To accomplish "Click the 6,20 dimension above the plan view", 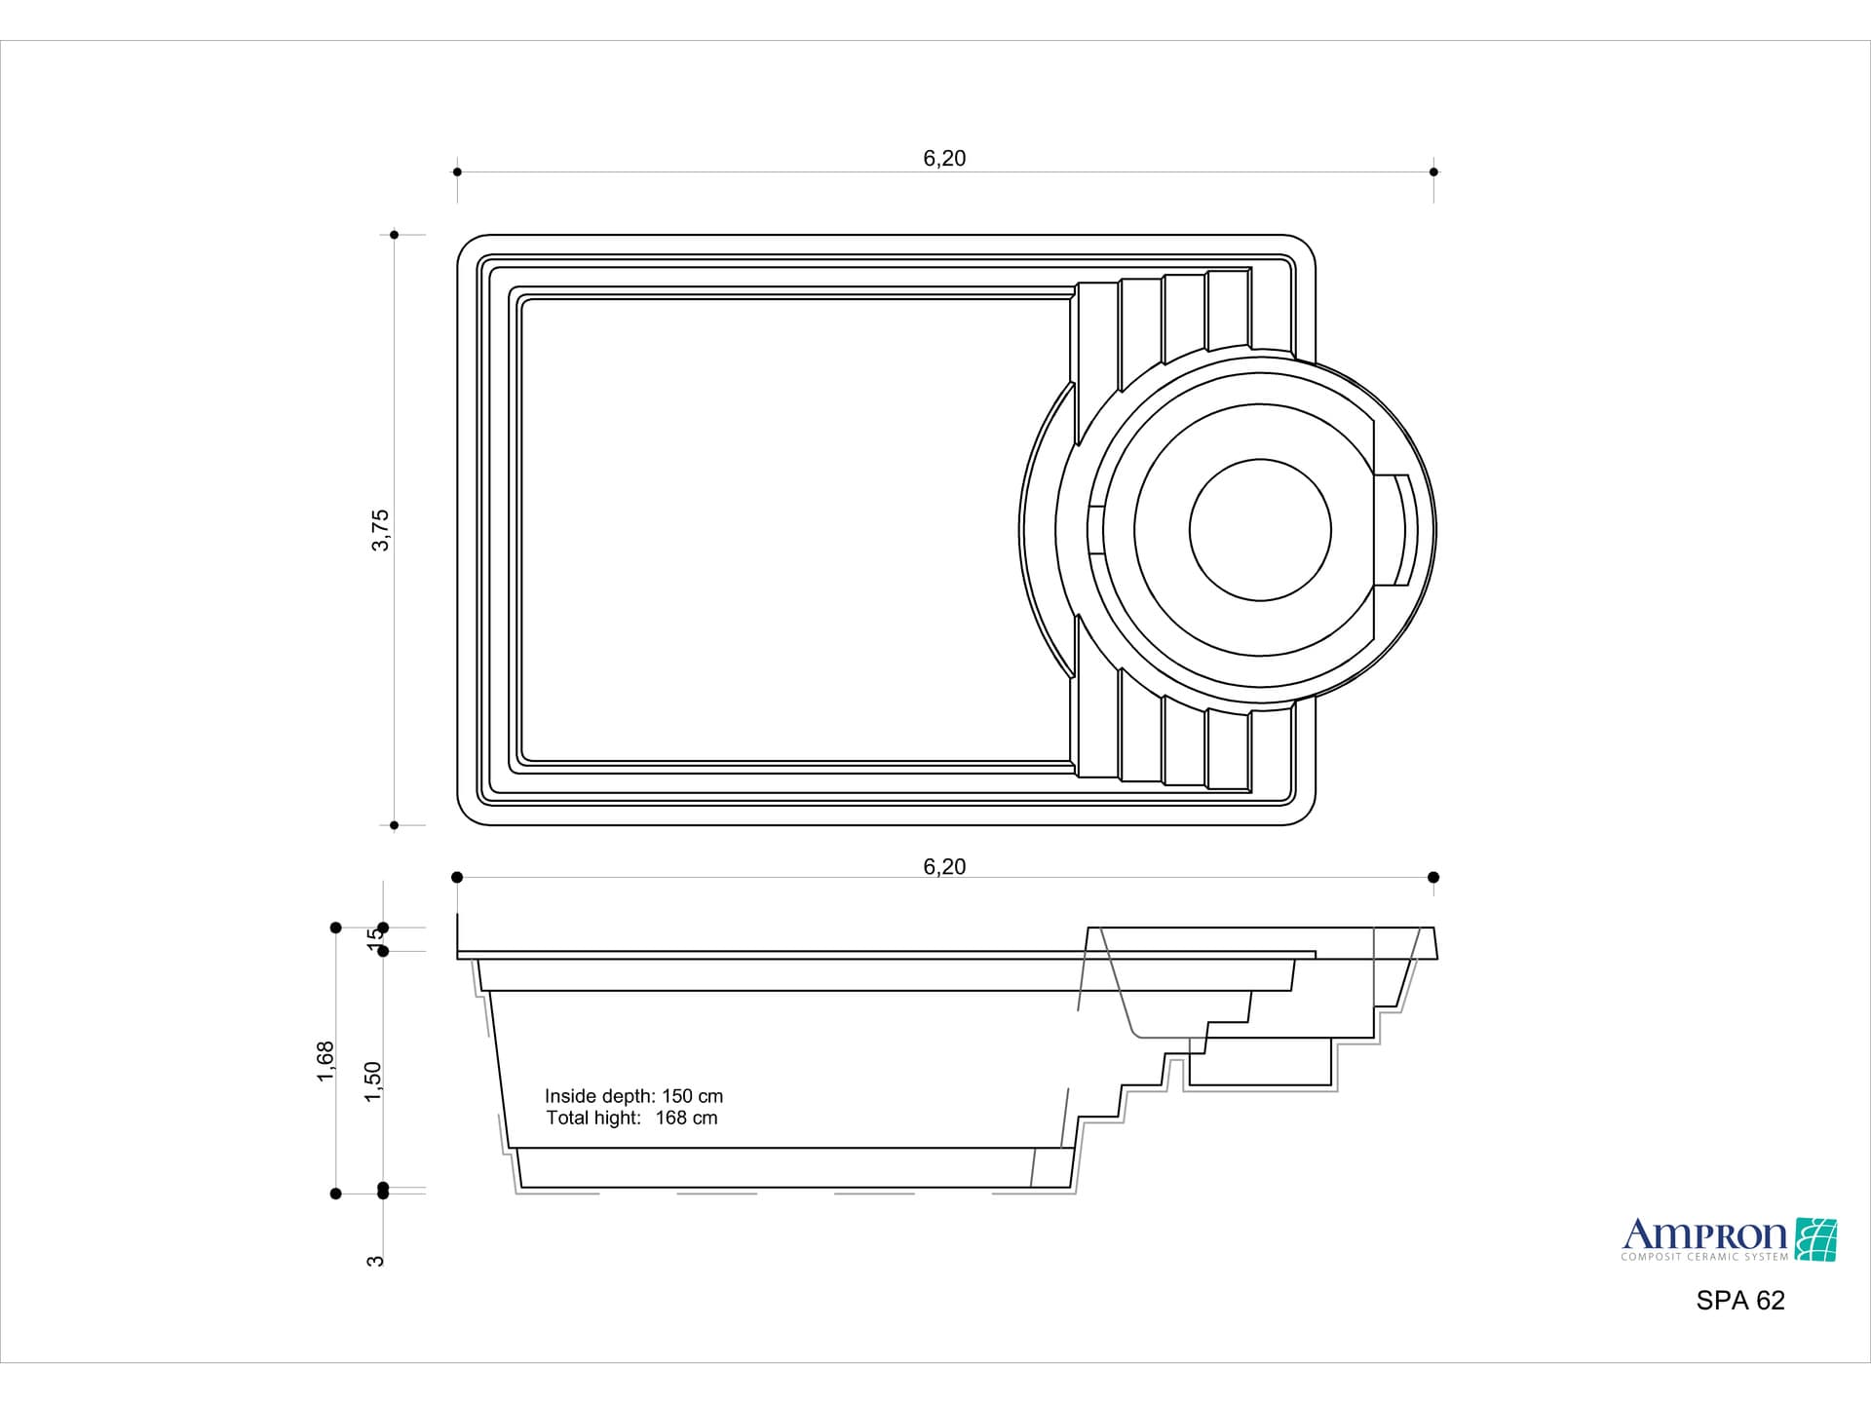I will click(x=944, y=159).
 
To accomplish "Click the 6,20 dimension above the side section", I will click(x=944, y=867).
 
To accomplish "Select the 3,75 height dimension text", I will click(x=380, y=530).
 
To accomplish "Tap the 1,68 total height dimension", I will click(x=325, y=1061).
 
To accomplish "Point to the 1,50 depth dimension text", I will click(x=373, y=1081).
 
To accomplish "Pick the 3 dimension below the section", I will click(x=375, y=1261).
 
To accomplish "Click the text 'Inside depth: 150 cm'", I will click(x=633, y=1096).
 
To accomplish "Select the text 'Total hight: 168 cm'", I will click(x=631, y=1118).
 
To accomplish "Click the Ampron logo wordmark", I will click(x=1704, y=1235).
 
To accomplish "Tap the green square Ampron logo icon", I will click(x=1815, y=1239).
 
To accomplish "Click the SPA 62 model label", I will click(x=1740, y=1301).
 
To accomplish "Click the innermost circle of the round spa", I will click(x=1260, y=530).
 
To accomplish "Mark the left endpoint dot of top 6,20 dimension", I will click(x=457, y=172).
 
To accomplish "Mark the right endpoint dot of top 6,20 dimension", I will click(x=1433, y=172).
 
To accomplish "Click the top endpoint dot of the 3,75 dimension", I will click(x=395, y=235).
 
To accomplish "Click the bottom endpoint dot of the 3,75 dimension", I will click(x=395, y=825).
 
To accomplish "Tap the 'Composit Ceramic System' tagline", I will click(x=1704, y=1257).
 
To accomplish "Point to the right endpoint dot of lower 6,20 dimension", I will click(x=1433, y=878).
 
